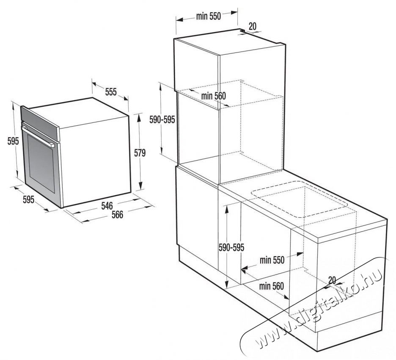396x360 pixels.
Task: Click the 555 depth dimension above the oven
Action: tap(111, 92)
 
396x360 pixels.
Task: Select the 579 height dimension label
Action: tap(140, 153)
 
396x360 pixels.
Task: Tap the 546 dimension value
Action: tap(107, 206)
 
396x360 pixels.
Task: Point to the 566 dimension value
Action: tap(118, 215)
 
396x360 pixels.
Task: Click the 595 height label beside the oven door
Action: tap(13, 141)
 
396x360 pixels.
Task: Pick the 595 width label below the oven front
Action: tap(28, 200)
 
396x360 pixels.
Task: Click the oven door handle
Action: tap(38, 136)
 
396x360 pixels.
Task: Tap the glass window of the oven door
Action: tap(41, 163)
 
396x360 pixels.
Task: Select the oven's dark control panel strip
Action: tap(40, 123)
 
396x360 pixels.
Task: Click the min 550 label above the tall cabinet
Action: tap(208, 16)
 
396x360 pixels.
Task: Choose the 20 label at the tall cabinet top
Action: tap(253, 26)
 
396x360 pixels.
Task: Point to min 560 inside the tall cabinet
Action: tap(213, 96)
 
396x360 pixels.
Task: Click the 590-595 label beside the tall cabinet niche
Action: tap(162, 119)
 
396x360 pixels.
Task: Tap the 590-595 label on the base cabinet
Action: tap(231, 247)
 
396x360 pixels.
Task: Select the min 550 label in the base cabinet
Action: tap(272, 260)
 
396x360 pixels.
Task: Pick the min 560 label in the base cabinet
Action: tap(272, 286)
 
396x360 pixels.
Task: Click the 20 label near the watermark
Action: tap(333, 280)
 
